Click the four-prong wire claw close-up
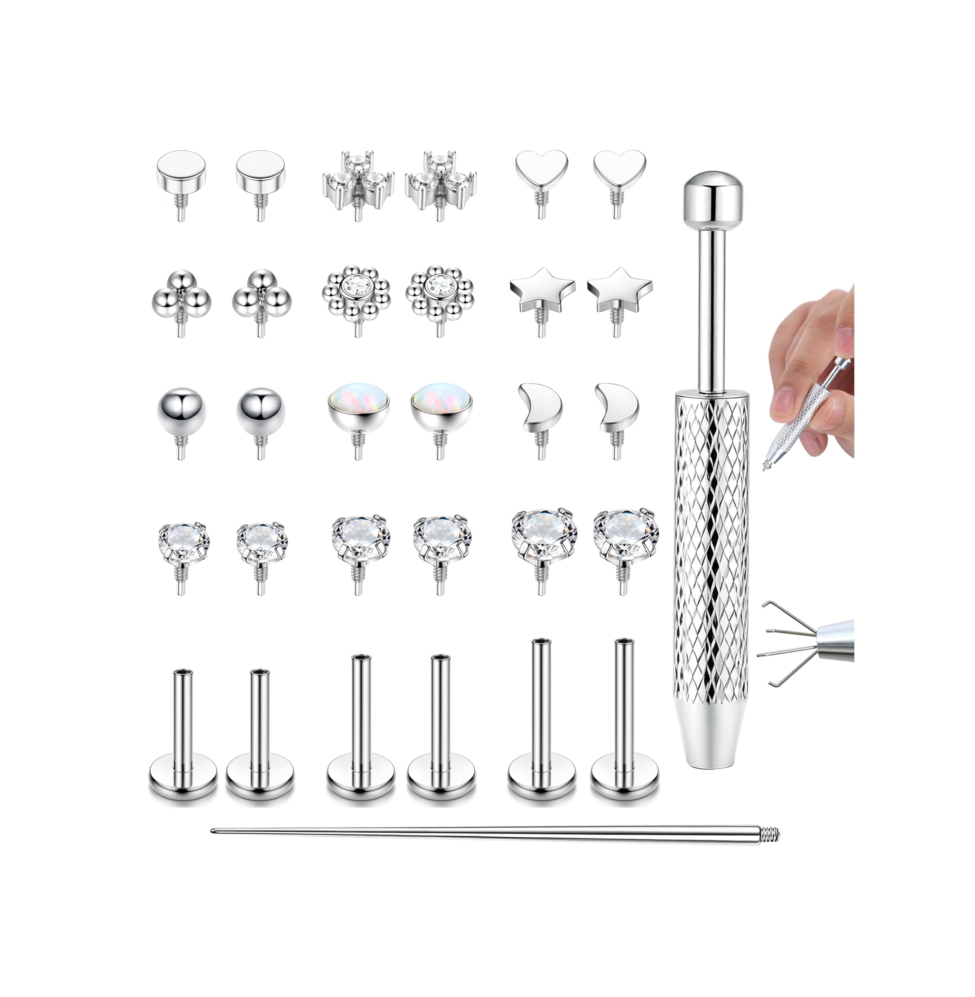781,643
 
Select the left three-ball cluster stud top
181,297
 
